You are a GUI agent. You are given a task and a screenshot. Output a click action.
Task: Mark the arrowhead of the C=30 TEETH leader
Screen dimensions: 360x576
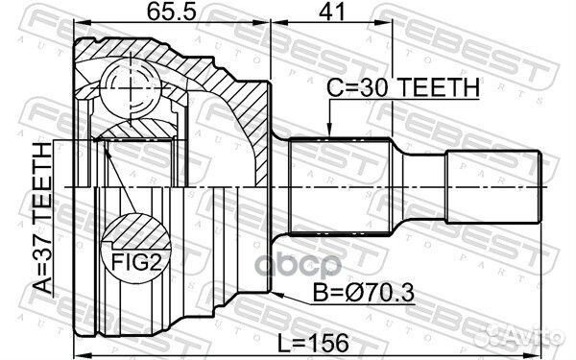click(x=328, y=132)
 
